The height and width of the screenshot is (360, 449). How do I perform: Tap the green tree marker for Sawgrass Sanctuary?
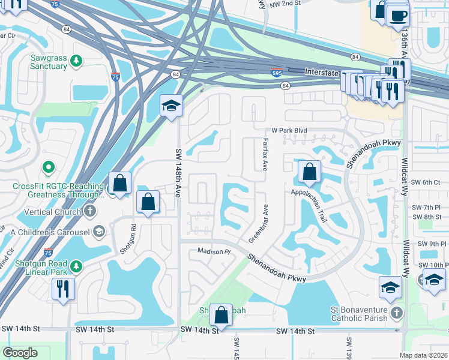(76, 61)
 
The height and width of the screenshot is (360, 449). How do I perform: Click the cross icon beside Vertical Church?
(89, 211)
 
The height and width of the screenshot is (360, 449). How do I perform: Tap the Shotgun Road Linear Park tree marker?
(76, 266)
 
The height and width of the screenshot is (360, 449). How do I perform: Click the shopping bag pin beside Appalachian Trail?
(309, 172)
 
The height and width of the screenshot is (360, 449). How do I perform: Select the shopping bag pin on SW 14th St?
(221, 314)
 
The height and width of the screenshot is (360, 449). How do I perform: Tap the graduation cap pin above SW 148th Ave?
(171, 106)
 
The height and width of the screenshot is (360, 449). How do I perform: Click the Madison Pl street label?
(214, 252)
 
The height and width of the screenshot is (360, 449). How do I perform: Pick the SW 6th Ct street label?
(426, 182)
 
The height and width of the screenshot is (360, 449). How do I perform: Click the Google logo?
(20, 353)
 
